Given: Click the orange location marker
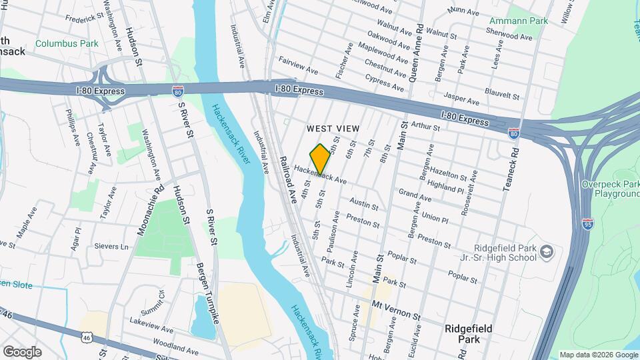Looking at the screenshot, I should [320, 159].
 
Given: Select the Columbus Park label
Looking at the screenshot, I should [67, 44].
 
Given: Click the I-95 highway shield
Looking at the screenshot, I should [587, 223].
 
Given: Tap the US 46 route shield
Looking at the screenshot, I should [87, 339].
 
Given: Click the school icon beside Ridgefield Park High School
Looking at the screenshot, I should [547, 251].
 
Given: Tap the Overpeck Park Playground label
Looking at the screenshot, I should [609, 189].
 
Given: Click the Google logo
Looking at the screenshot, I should [23, 351].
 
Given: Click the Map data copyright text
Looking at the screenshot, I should [598, 355].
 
